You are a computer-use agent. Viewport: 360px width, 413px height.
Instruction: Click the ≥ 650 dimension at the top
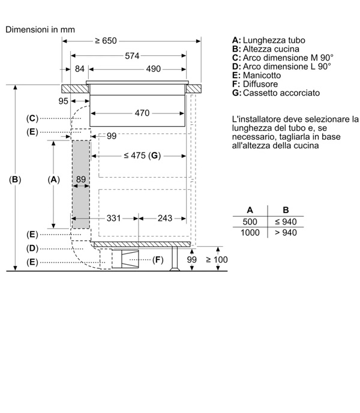106,41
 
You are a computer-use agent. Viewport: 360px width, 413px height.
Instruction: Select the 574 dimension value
132,56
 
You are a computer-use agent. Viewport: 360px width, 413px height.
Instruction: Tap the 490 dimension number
153,69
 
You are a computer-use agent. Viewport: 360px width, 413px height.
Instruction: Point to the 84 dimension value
80,69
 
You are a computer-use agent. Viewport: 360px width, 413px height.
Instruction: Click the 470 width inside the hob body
142,113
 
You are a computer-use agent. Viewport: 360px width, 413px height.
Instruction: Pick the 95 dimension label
63,101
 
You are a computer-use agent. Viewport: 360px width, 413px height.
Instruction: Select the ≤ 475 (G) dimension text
142,155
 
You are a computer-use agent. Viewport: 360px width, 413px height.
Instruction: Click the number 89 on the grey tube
81,179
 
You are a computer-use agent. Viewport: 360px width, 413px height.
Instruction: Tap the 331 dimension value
113,218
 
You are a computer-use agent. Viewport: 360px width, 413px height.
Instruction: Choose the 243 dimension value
165,218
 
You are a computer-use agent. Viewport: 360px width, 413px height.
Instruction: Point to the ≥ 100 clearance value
217,260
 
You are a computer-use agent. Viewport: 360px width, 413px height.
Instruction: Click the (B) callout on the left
15,179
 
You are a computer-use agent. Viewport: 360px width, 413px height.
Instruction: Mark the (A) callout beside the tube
54,179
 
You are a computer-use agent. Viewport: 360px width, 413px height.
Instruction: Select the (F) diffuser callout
158,260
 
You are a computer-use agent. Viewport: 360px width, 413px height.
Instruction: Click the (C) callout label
32,118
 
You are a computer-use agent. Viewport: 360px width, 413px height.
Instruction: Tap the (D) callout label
32,249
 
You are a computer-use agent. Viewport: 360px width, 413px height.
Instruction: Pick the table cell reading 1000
250,232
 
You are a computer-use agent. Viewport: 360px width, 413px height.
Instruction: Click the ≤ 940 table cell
286,222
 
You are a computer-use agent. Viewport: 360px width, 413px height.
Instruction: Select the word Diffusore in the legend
260,84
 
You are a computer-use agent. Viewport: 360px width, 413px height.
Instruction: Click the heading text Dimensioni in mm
40,29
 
